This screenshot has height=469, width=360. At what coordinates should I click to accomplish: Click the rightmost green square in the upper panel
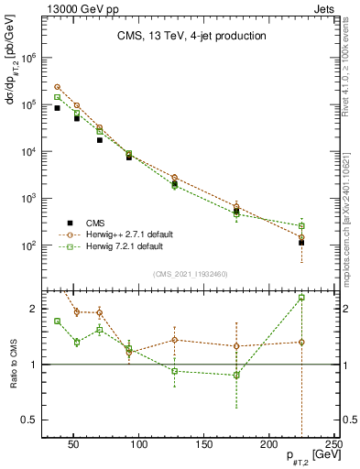(x=301, y=225)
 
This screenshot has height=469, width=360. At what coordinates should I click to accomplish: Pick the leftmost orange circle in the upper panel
(x=57, y=87)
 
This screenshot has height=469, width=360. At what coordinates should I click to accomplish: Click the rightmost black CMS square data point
(x=301, y=243)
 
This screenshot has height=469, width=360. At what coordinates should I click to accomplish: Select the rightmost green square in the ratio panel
(x=301, y=298)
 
